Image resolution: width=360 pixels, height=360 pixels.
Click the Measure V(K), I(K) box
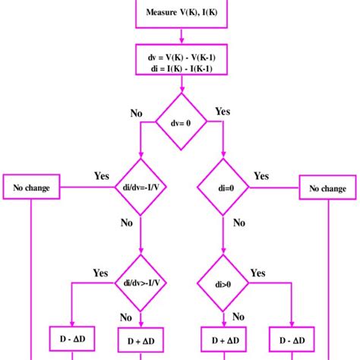click(x=180, y=13)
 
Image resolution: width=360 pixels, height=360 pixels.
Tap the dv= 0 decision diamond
click(x=180, y=120)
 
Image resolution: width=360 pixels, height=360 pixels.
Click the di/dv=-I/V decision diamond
click(x=141, y=187)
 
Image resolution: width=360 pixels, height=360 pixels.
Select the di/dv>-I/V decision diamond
click(x=141, y=284)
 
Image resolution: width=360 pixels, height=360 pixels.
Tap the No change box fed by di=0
click(x=328, y=187)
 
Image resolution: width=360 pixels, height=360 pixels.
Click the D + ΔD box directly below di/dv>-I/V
click(x=141, y=339)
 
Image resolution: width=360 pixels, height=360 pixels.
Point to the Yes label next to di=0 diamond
click(x=261, y=176)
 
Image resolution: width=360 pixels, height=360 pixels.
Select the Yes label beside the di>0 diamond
click(x=258, y=273)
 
